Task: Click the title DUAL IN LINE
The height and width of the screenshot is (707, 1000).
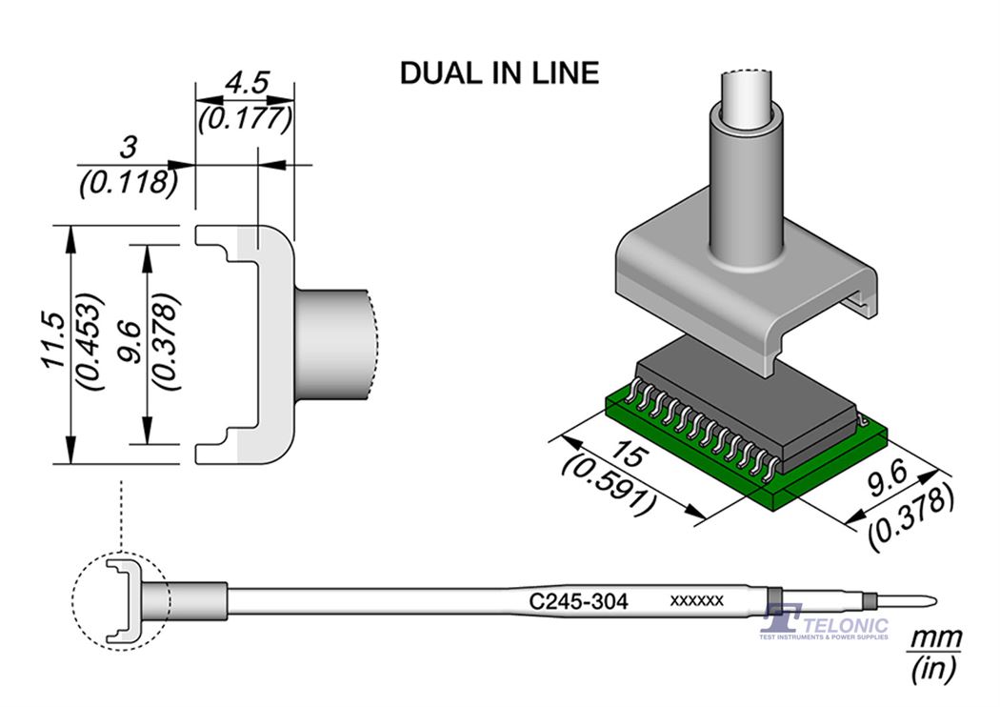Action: [499, 73]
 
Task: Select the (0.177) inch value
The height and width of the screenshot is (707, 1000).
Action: [244, 119]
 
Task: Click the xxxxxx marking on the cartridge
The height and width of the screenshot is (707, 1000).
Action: [698, 601]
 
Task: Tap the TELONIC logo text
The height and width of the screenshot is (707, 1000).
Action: [847, 625]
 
